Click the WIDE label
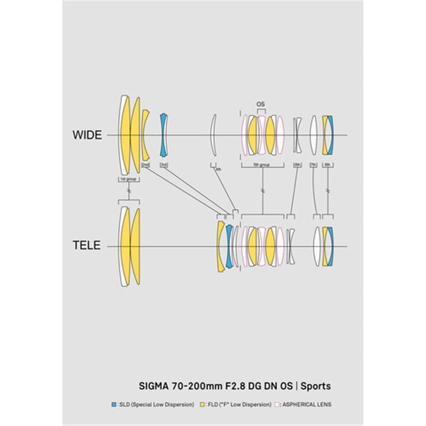(87, 135)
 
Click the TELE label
(87, 246)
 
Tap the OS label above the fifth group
(260, 104)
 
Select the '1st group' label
(128, 179)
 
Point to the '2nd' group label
(145, 165)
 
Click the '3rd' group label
(164, 165)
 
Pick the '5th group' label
(261, 165)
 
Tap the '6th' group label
(297, 165)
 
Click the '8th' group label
(327, 165)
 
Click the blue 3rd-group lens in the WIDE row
(164, 135)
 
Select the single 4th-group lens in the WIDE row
(214, 135)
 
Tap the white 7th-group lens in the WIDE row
(314, 135)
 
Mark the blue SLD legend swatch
(113, 405)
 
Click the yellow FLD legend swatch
(202, 405)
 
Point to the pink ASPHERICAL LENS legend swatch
(277, 405)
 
